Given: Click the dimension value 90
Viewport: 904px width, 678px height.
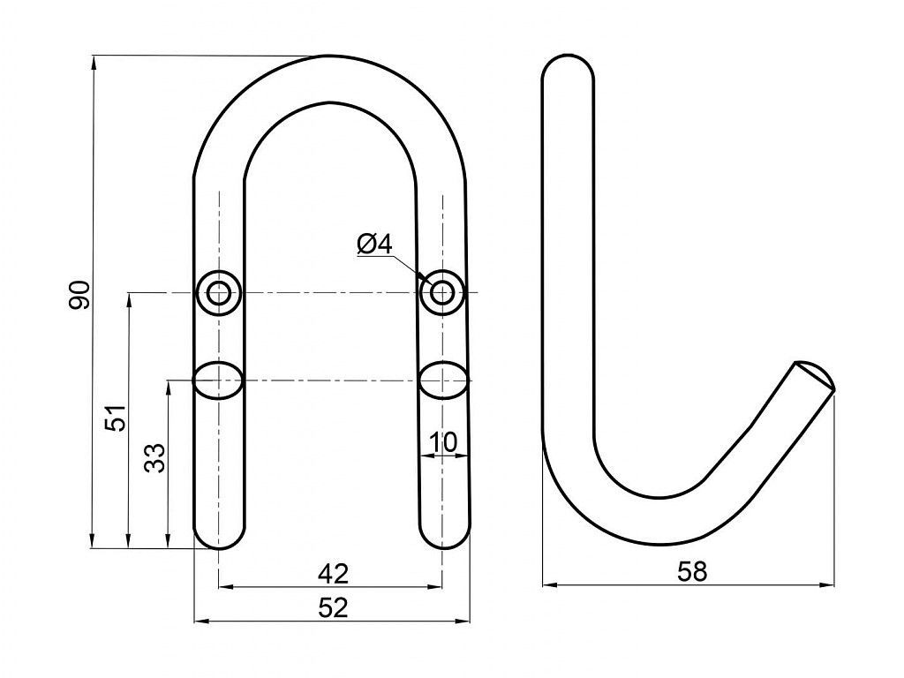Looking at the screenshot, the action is [x=79, y=295].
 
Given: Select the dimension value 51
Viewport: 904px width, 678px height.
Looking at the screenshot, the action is [x=116, y=418].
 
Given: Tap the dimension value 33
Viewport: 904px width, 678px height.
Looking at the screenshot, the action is [x=154, y=458].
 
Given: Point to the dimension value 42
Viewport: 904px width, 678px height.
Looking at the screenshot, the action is [x=333, y=573].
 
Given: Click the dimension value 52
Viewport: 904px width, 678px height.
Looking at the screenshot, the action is [x=333, y=607].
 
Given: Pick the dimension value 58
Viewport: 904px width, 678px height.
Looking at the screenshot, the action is [x=691, y=571].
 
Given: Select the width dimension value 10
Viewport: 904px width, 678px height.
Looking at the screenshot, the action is [x=443, y=443].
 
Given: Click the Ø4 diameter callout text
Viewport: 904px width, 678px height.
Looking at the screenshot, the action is [x=374, y=245].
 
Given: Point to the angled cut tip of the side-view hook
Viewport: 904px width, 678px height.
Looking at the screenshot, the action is [x=815, y=375].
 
